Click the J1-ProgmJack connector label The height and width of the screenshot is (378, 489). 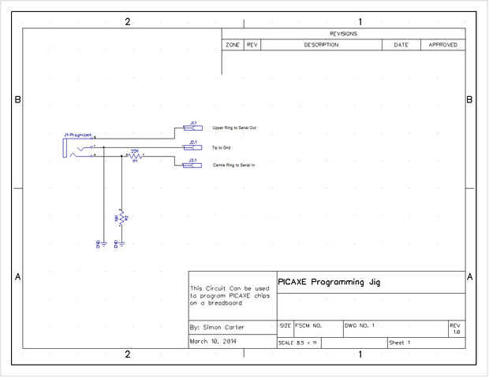pos(77,135)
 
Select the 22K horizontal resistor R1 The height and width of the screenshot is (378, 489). pos(135,157)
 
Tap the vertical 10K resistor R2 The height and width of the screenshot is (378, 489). pos(120,218)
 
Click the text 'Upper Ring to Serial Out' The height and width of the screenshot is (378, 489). pos(234,128)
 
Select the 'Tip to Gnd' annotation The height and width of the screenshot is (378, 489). pos(222,147)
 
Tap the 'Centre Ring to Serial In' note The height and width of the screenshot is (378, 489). pos(234,165)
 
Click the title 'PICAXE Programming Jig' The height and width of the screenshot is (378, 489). pos(329,282)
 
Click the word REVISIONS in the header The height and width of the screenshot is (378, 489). pos(343,34)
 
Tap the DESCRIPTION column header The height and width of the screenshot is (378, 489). pos(321,45)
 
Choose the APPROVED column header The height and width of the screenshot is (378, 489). pos(442,45)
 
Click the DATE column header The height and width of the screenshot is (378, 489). pos(401,45)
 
